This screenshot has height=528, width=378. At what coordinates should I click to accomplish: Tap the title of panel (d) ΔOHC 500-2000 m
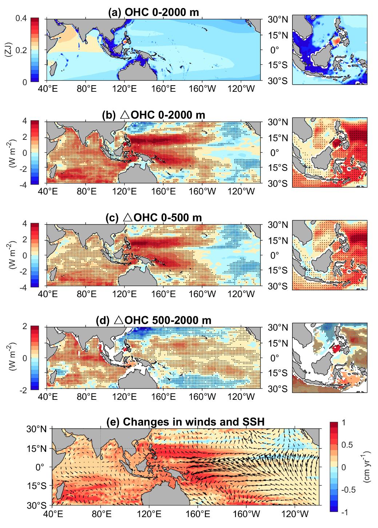(153, 320)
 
